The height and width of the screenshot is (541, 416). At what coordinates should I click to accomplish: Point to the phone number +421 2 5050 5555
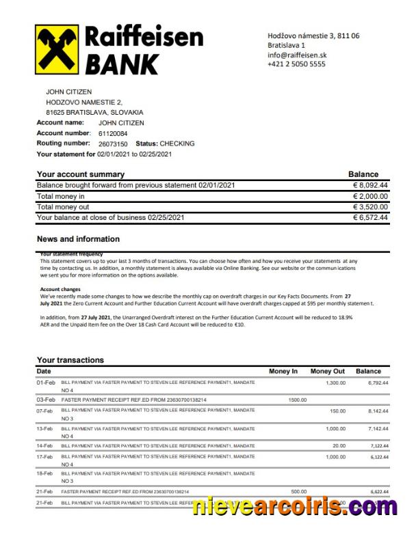[x=296, y=64]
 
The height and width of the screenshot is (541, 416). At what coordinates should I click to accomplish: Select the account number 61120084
[x=113, y=133]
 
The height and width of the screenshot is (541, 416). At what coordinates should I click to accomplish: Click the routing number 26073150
[x=113, y=143]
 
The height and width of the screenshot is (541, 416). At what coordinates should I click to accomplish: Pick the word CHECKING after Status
[x=178, y=143]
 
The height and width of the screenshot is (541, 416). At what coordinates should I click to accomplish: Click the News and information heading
[x=78, y=239]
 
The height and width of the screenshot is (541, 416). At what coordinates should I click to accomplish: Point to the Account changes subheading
[x=60, y=289]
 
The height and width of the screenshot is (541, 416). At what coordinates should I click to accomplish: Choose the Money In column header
[x=283, y=371]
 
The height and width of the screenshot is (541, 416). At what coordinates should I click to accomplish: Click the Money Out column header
[x=327, y=371]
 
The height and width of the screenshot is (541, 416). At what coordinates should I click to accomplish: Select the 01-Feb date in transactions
[x=46, y=383]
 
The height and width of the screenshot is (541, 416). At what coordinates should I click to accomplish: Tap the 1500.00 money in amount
[x=297, y=399]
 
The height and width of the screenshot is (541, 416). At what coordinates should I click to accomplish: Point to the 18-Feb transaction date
[x=46, y=473]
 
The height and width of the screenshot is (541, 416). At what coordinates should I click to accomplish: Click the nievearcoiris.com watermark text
[x=294, y=508]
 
